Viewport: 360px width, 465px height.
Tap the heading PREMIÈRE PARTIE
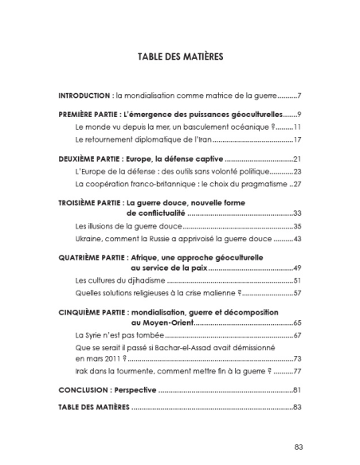[88, 115]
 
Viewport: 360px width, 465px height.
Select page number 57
[295, 294]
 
